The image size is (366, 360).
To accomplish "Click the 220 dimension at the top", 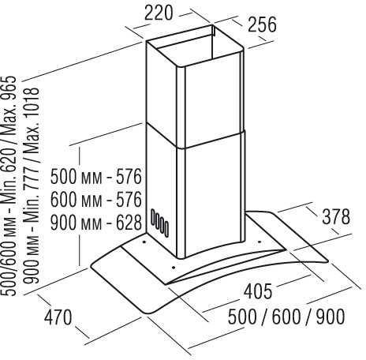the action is point(159,13).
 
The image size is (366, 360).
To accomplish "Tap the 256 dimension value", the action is point(262,24).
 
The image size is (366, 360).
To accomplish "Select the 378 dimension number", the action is point(336,217).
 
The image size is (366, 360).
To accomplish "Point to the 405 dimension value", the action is point(258,291).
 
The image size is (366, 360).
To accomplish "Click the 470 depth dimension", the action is point(58,317).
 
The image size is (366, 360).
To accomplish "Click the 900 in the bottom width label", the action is point(331,317).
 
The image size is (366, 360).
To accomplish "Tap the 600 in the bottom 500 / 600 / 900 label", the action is point(286,317).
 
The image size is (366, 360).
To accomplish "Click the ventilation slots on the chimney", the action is point(159,223).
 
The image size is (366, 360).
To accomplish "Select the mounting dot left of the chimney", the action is point(144,242).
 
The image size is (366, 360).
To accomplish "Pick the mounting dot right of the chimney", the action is point(260,242).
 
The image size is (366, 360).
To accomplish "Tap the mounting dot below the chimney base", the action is point(174,268).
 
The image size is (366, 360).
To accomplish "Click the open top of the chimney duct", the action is point(195,45).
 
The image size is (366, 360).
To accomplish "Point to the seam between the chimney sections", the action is point(195,140).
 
